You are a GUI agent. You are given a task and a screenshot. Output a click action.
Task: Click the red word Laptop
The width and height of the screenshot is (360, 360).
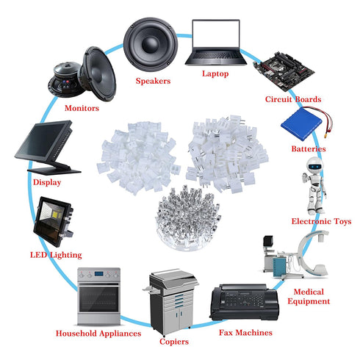click(x=215, y=73)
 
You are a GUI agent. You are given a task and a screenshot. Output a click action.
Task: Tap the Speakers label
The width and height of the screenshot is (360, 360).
click(x=153, y=81)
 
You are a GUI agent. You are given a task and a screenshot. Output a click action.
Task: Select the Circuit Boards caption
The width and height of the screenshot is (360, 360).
click(x=293, y=99)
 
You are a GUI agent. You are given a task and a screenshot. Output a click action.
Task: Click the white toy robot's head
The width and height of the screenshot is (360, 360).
click(x=314, y=165)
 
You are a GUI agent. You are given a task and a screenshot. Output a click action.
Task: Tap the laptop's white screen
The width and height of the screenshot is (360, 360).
click(x=216, y=35)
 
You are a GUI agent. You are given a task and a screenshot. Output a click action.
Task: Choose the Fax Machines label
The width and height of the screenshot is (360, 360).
click(x=245, y=333)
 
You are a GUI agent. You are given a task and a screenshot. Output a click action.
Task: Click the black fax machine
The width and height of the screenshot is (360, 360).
click(x=245, y=302)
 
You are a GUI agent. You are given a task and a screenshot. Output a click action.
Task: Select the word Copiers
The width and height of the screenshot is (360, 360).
click(x=174, y=342)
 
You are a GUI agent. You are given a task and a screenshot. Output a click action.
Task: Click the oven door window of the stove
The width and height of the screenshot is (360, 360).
click(x=98, y=299)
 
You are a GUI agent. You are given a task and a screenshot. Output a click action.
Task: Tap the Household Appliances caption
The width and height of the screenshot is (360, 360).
click(x=98, y=334)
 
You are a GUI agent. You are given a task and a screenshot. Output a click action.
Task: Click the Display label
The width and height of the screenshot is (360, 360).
click(x=47, y=182)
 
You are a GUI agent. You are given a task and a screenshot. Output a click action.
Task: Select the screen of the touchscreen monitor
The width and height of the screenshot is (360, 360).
click(x=43, y=140)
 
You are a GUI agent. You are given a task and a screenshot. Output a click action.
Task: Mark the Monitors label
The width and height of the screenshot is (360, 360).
click(x=82, y=108)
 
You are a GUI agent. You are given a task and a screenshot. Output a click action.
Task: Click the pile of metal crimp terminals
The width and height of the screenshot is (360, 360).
click(x=188, y=218)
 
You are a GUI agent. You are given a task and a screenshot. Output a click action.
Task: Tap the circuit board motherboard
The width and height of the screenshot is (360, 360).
click(x=284, y=71)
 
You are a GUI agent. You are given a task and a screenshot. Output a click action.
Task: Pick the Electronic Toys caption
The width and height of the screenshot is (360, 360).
click(x=321, y=221)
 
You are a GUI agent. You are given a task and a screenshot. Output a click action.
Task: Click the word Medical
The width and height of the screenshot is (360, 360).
click(x=309, y=292)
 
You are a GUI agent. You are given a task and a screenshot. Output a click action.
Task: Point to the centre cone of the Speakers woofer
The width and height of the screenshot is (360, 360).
click(x=150, y=44)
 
